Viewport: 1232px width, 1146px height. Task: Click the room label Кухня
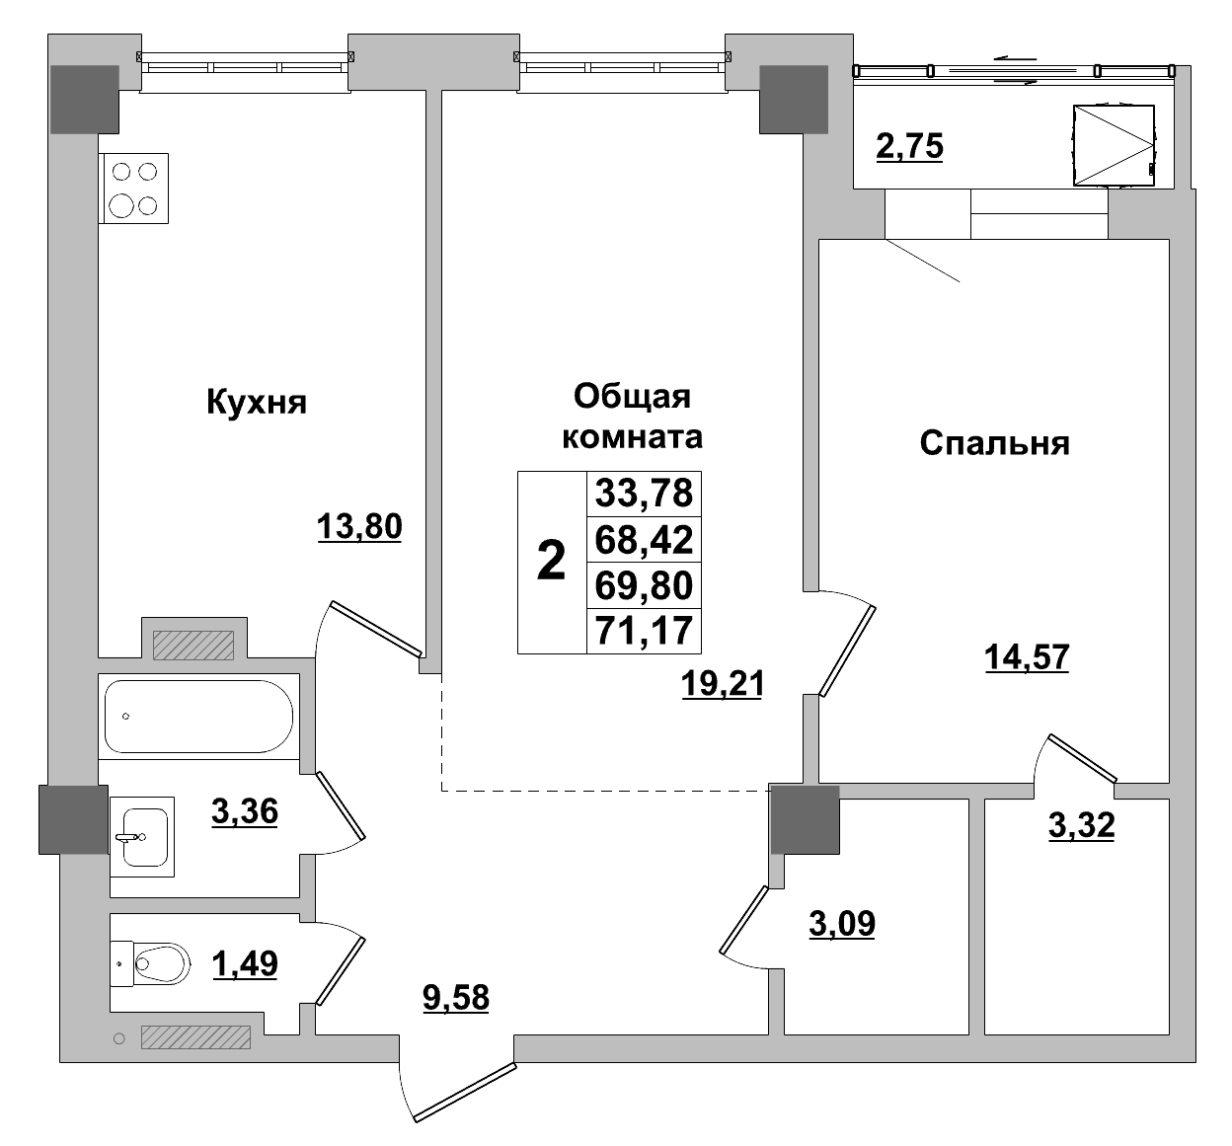pyautogui.click(x=256, y=403)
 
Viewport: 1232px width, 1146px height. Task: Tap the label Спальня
pyautogui.click(x=994, y=443)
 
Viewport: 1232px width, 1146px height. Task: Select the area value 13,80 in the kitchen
pyautogui.click(x=359, y=527)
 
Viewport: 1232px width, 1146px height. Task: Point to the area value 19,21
pyautogui.click(x=723, y=683)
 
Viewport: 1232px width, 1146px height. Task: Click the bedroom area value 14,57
pyautogui.click(x=1027, y=655)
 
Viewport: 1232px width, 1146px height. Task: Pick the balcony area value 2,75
pyautogui.click(x=909, y=146)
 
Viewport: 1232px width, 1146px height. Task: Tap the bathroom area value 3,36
pyautogui.click(x=244, y=811)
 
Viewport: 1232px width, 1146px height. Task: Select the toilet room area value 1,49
pyautogui.click(x=245, y=962)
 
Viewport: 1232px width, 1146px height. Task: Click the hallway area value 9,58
pyautogui.click(x=455, y=998)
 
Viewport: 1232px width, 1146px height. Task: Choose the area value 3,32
pyautogui.click(x=1081, y=824)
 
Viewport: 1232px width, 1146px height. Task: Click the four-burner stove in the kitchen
pyautogui.click(x=134, y=188)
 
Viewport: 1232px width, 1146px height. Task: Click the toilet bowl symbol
pyautogui.click(x=159, y=961)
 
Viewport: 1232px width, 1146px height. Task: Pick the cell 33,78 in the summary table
pyautogui.click(x=644, y=493)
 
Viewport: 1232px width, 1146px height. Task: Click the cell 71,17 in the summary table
pyautogui.click(x=644, y=630)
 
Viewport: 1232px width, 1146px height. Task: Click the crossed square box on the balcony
pyautogui.click(x=1113, y=145)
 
